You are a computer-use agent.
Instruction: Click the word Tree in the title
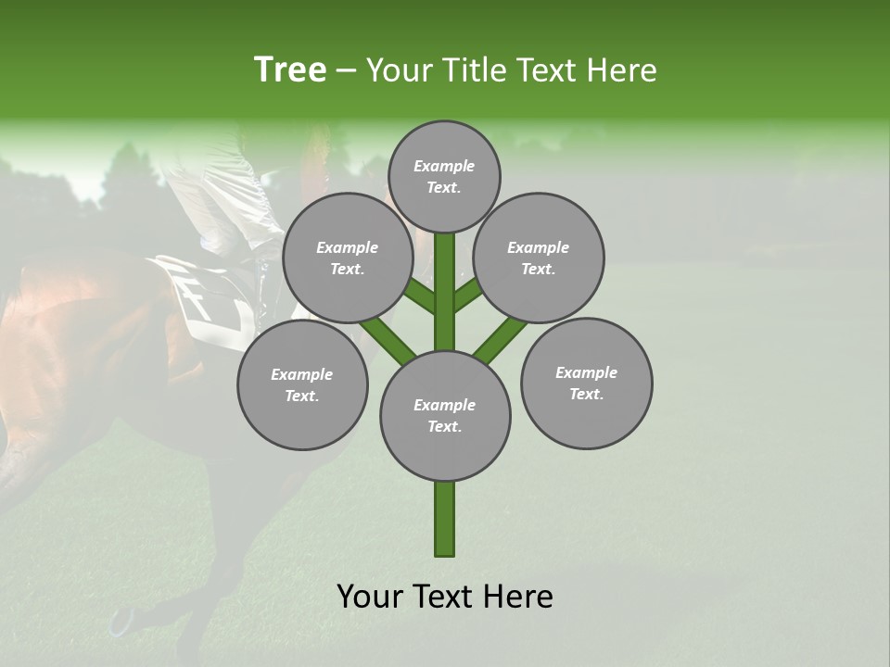point(290,70)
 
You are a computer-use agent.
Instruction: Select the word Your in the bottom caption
point(369,597)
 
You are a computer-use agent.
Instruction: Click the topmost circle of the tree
point(444,176)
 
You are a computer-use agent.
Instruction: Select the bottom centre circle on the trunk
point(445,416)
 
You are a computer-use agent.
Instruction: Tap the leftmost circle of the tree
point(302,384)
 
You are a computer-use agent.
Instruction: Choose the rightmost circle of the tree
point(586,383)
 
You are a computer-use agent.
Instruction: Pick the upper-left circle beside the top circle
point(348,258)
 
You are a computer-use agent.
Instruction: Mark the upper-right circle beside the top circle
point(539,258)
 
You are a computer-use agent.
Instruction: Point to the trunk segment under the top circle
point(445,278)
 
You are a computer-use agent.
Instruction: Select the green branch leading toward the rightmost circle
point(501,339)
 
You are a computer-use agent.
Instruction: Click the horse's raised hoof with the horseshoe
point(121,620)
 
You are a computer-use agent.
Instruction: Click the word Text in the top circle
point(443,187)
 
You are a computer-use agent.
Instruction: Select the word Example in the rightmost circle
point(586,372)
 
